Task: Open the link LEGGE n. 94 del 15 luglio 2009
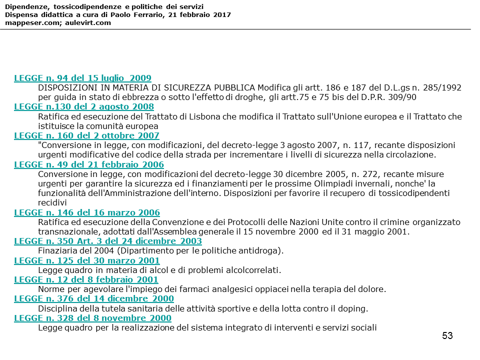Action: pos(82,78)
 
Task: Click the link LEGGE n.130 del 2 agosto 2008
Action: pos(83,107)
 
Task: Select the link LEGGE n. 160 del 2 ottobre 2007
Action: pos(86,136)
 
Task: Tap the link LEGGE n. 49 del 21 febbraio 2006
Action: pos(88,165)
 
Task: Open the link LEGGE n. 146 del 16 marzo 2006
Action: pos(87,213)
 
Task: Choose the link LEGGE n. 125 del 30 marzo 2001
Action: pos(87,261)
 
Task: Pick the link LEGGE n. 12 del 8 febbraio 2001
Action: pos(86,280)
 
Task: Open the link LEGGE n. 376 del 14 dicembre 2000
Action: pos(94,299)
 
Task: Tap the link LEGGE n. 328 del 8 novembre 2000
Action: pos(92,318)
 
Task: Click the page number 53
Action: pos(447,336)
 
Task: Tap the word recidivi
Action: pos(52,203)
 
